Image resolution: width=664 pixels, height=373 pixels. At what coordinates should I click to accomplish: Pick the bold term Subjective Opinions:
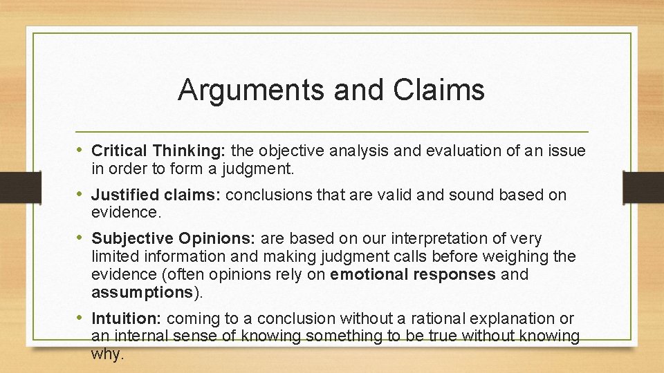point(174,238)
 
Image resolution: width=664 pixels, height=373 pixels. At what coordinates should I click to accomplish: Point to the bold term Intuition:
point(127,318)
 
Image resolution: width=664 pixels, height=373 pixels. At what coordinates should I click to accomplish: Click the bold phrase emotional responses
point(413,274)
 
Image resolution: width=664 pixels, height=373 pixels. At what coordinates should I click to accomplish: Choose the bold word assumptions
point(141,292)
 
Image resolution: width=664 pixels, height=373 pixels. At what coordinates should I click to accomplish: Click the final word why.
point(107,354)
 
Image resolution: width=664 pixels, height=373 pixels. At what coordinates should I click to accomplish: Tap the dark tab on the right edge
point(643,186)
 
